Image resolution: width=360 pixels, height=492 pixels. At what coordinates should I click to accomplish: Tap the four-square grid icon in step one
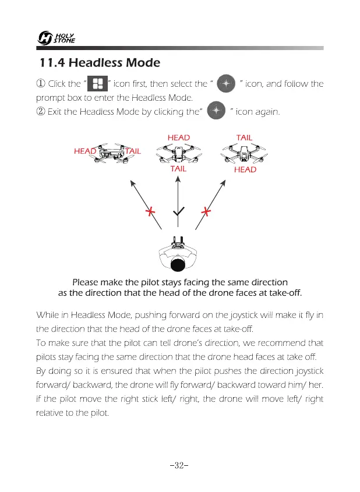pos(98,84)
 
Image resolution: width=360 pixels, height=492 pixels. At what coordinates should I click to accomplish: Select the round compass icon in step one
pos(225,84)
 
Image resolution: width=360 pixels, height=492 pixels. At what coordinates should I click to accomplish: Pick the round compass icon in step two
pos(216,110)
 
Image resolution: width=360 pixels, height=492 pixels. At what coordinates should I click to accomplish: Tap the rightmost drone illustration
pos(243,154)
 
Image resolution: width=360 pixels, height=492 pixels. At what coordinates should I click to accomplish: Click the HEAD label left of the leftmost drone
pos(85,151)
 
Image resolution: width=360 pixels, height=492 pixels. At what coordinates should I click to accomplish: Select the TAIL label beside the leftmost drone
pos(133,151)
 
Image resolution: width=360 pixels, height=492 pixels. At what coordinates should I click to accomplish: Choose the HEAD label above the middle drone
pos(178,137)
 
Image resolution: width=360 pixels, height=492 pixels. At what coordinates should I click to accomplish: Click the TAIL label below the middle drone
pos(178,169)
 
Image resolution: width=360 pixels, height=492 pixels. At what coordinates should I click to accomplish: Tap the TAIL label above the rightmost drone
pos(244,137)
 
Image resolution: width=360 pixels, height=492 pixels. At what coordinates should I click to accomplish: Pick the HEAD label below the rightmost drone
pos(245,169)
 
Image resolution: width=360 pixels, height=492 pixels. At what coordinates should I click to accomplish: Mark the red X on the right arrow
pos(205,212)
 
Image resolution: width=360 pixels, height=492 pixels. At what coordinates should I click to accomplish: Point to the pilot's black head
pos(179,265)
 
